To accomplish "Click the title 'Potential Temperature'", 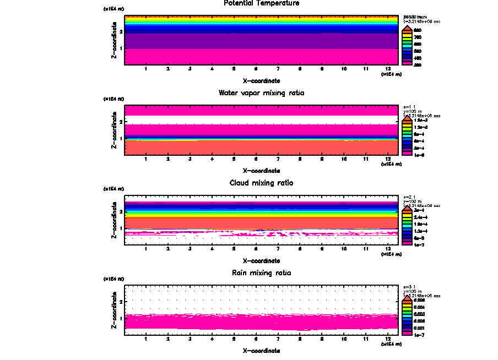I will click(x=262, y=3).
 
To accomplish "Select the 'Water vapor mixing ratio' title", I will click(x=262, y=93).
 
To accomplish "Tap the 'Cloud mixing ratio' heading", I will click(x=262, y=183).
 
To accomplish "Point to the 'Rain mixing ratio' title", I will click(x=262, y=273).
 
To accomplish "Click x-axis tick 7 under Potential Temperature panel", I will click(x=278, y=69).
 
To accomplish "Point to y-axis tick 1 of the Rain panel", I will click(x=121, y=318).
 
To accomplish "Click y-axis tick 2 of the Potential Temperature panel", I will click(x=121, y=31).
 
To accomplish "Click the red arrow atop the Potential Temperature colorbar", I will click(x=407, y=29).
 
